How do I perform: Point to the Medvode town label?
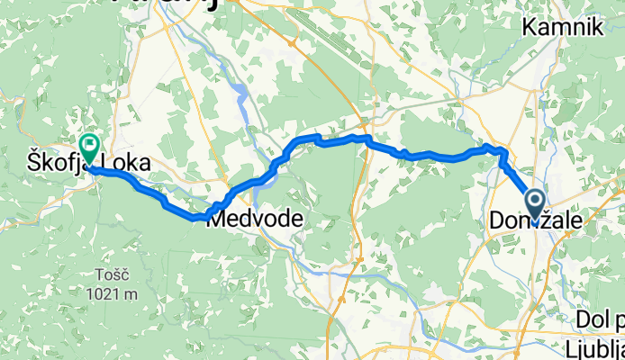[249, 219]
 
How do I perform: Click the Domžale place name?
[536, 219]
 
